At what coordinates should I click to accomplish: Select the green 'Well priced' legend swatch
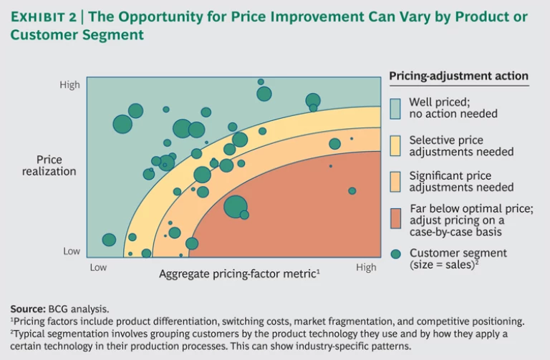[395, 108]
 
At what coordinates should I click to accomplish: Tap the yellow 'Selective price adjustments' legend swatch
[395, 146]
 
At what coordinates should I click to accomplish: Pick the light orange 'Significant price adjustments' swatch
[395, 182]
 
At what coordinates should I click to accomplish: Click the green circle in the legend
[395, 253]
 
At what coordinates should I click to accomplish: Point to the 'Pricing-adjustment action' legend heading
[458, 77]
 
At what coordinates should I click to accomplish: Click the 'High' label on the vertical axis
[69, 85]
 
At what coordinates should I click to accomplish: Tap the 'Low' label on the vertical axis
[72, 251]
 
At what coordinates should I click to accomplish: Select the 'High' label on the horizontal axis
[366, 268]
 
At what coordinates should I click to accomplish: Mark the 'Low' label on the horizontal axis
[98, 268]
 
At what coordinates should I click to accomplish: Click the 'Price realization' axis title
[49, 165]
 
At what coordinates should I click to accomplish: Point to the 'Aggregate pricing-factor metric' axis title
[238, 273]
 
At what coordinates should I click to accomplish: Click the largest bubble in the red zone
[235, 207]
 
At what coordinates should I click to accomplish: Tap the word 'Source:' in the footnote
[28, 308]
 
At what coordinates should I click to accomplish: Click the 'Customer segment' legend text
[458, 253]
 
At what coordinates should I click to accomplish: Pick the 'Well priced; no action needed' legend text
[453, 108]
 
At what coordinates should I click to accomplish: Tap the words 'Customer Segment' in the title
[77, 34]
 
